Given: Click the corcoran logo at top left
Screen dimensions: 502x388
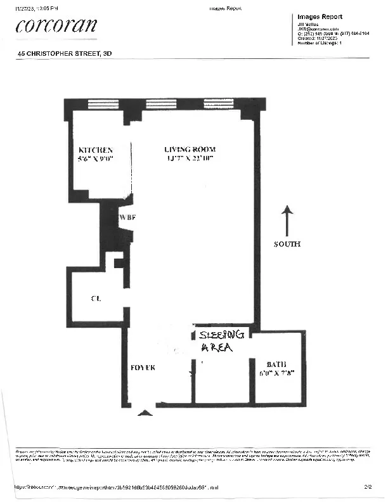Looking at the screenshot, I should pos(56,25).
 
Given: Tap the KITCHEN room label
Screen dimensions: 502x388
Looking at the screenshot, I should pos(95,150).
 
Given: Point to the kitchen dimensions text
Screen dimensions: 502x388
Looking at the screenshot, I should pos(95,159).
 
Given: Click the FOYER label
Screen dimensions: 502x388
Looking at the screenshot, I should pos(143,368).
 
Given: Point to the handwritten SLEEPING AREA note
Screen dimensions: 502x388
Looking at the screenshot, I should pos(221,341).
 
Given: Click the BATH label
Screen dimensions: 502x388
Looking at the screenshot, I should pos(277,364).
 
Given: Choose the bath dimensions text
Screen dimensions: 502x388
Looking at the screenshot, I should pos(277,374).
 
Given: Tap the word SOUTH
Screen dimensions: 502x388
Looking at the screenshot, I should pos(287,244).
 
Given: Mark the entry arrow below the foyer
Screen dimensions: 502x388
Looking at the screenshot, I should pos(145,413).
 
